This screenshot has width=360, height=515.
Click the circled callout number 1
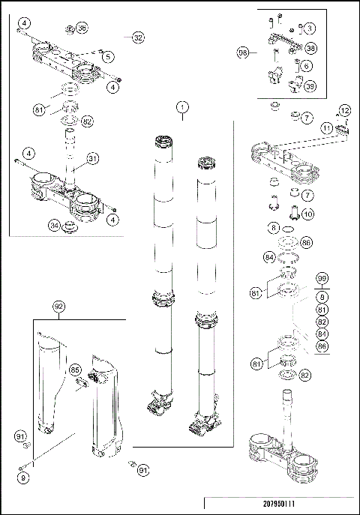(181, 107)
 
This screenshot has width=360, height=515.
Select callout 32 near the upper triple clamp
(137, 37)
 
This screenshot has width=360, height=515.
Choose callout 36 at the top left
(82, 28)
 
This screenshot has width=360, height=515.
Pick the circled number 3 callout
(310, 28)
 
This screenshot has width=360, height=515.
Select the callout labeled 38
(310, 47)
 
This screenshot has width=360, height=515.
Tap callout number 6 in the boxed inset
(308, 66)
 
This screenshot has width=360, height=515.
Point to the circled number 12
(343, 111)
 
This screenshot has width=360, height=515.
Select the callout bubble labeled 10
(307, 214)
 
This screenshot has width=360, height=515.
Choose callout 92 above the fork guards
(59, 306)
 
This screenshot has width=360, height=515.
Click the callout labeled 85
(75, 370)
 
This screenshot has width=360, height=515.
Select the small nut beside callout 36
(67, 29)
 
